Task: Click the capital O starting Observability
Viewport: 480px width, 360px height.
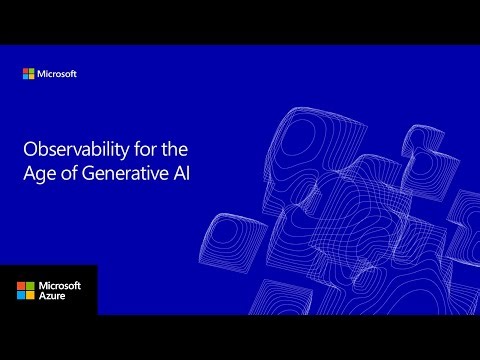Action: pyautogui.click(x=29, y=148)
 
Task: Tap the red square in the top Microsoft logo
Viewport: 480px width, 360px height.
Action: pyautogui.click(x=26, y=71)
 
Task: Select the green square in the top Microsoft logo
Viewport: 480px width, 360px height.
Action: pyautogui.click(x=32, y=71)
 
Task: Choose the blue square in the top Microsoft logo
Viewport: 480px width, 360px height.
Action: pyautogui.click(x=26, y=77)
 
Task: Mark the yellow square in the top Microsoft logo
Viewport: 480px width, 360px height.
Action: pyautogui.click(x=32, y=77)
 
